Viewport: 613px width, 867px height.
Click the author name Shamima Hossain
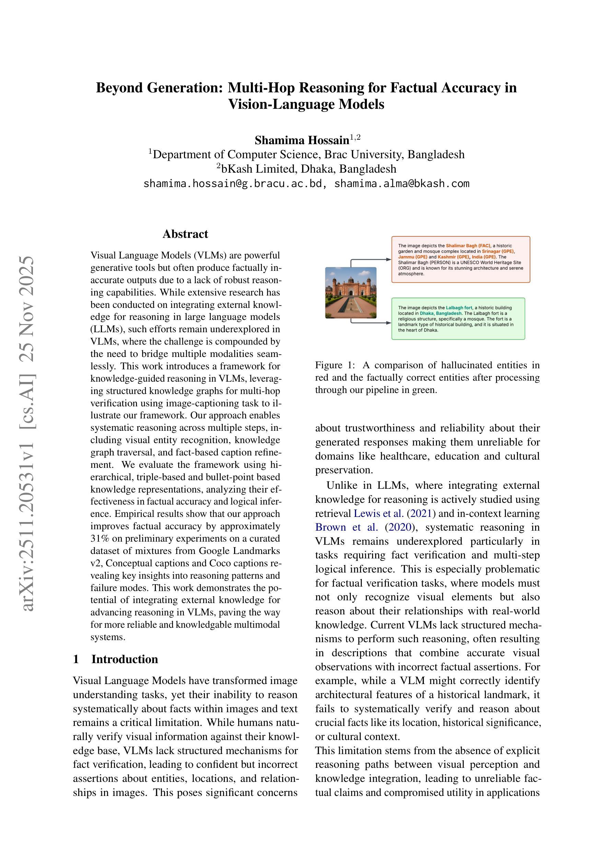(x=301, y=140)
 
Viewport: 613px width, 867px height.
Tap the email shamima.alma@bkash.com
(x=402, y=184)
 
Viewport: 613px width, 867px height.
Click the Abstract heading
(x=185, y=234)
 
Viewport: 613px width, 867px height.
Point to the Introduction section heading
(x=124, y=659)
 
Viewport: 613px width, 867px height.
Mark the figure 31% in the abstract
(x=99, y=539)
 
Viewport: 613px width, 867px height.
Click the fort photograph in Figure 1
(x=350, y=293)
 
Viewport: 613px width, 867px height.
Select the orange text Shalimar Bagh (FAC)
(x=467, y=246)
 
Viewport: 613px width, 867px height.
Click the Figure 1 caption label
(x=335, y=365)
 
